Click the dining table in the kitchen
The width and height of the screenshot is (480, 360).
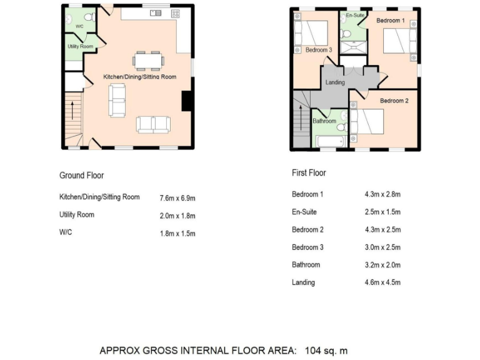click(x=149, y=61)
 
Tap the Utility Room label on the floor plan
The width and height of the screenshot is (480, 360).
click(x=81, y=47)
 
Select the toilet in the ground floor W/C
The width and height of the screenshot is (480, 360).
click(x=89, y=18)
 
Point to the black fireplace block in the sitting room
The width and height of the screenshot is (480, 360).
click(x=186, y=101)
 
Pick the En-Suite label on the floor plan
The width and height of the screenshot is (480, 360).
click(x=355, y=14)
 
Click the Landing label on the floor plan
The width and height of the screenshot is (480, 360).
click(x=335, y=82)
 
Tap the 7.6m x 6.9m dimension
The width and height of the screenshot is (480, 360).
click(x=177, y=197)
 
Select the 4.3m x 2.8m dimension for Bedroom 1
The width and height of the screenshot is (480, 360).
click(x=382, y=194)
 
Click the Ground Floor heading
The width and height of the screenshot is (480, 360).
click(x=81, y=176)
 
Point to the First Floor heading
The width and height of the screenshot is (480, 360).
click(x=309, y=173)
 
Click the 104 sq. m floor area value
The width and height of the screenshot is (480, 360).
click(x=326, y=351)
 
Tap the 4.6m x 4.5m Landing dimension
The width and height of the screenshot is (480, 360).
click(x=382, y=282)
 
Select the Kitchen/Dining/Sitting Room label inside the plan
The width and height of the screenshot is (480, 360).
click(x=140, y=77)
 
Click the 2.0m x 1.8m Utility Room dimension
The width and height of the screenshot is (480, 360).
click(x=177, y=216)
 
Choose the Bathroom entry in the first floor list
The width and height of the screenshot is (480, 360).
click(x=306, y=265)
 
